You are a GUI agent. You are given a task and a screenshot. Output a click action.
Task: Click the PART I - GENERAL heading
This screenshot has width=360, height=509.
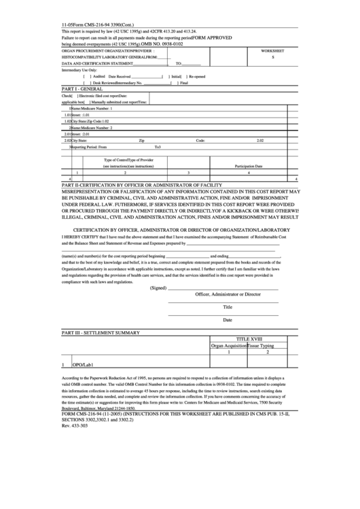point(83,89)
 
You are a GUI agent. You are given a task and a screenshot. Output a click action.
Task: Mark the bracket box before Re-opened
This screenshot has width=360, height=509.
point(183,76)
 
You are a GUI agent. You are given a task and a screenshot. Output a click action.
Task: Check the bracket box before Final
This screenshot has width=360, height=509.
point(173,82)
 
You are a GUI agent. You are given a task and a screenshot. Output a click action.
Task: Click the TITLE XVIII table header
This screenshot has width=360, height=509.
point(249,338)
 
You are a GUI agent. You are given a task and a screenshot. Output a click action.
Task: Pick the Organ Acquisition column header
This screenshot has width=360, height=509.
point(229,345)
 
